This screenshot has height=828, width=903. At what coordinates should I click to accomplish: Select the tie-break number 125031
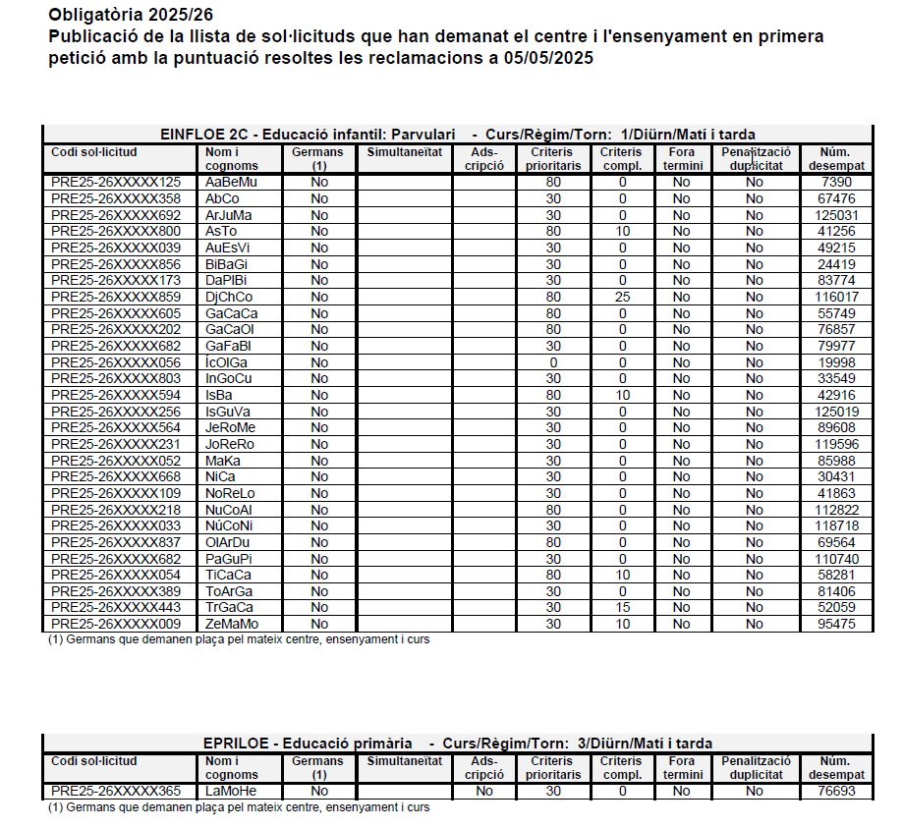tap(836, 215)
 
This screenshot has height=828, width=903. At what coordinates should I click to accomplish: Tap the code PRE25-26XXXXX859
tap(116, 297)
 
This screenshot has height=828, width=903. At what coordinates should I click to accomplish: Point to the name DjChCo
tap(229, 297)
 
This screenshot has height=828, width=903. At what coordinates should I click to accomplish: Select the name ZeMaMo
tap(232, 624)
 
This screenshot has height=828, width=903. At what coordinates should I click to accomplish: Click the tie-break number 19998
tap(836, 362)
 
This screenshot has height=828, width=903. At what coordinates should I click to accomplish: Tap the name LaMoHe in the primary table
tap(231, 791)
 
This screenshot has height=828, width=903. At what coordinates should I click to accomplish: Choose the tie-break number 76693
tap(836, 791)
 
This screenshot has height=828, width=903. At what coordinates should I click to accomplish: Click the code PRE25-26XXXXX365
tap(116, 791)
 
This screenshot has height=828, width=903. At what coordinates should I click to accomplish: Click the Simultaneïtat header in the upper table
tap(404, 152)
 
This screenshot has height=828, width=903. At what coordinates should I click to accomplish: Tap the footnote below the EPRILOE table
tap(239, 807)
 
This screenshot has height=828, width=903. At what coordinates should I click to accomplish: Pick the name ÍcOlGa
tap(227, 362)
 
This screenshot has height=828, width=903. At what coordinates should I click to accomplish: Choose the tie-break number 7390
tap(836, 182)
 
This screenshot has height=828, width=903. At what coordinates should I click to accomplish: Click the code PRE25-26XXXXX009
tap(116, 624)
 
